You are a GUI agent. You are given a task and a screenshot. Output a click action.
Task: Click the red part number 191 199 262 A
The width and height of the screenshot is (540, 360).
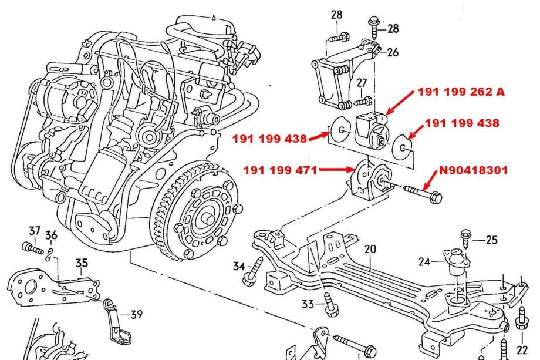point(461,92)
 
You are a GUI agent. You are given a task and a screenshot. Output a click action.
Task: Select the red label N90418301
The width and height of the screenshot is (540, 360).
point(473,173)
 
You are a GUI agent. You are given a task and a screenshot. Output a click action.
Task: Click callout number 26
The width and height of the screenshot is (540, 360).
point(393,52)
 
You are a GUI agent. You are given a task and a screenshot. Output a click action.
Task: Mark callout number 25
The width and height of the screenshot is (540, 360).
point(492,240)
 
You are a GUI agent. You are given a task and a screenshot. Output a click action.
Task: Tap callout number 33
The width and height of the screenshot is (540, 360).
point(307,304)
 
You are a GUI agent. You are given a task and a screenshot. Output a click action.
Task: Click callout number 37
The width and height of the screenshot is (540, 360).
point(35,231)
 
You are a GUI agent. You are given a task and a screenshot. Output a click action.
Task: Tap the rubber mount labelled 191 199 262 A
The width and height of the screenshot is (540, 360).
point(373,130)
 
